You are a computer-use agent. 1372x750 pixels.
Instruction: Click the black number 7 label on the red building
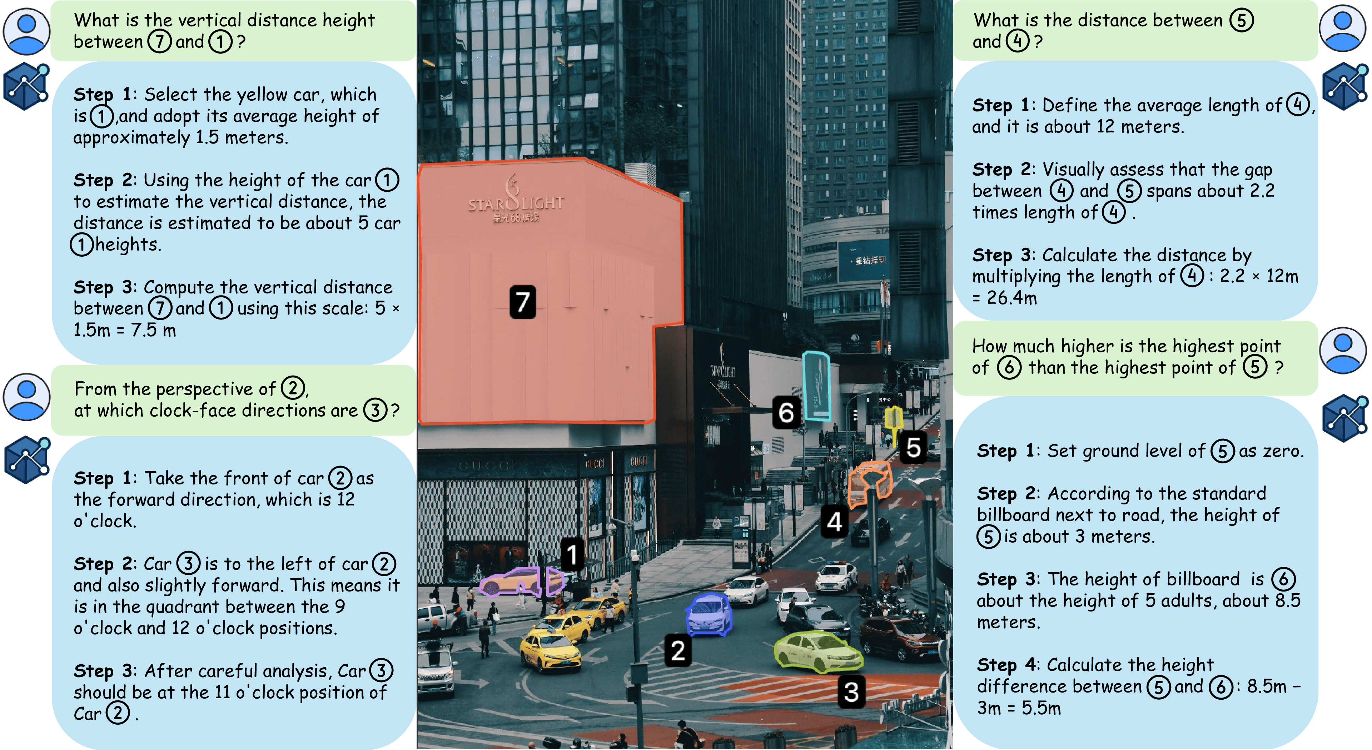point(522,302)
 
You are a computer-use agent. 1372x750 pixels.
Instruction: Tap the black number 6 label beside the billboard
point(786,413)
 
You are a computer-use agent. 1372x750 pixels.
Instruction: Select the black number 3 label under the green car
point(851,692)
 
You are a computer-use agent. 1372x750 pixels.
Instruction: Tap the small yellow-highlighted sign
point(893,418)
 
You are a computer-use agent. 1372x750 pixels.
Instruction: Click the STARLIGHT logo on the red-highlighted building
point(515,202)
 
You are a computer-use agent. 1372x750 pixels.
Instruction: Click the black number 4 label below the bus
point(834,522)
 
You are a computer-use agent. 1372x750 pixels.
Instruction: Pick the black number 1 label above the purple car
point(572,555)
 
